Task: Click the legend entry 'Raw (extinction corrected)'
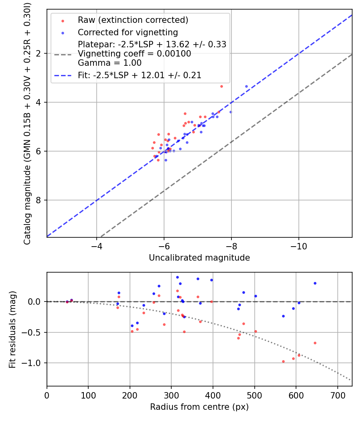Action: pyautogui.click(x=133, y=20)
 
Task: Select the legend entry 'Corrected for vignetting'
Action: pyautogui.click(x=128, y=32)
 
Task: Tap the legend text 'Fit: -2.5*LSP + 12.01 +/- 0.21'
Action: pyautogui.click(x=140, y=75)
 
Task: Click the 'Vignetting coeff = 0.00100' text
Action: pyautogui.click(x=134, y=54)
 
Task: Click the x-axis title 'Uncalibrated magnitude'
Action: pyautogui.click(x=199, y=258)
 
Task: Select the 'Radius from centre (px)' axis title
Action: pyautogui.click(x=199, y=407)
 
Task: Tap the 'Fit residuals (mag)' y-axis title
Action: pyautogui.click(x=12, y=329)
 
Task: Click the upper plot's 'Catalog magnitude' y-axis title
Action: pyautogui.click(x=27, y=123)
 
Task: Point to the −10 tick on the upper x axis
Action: pyautogui.click(x=298, y=246)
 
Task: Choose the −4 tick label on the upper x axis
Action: pyautogui.click(x=96, y=246)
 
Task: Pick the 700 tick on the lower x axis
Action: pyautogui.click(x=337, y=395)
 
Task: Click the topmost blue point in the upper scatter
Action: pyautogui.click(x=246, y=86)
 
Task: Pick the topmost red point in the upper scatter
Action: pyautogui.click(x=221, y=86)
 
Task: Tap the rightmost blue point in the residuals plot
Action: pyautogui.click(x=315, y=283)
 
